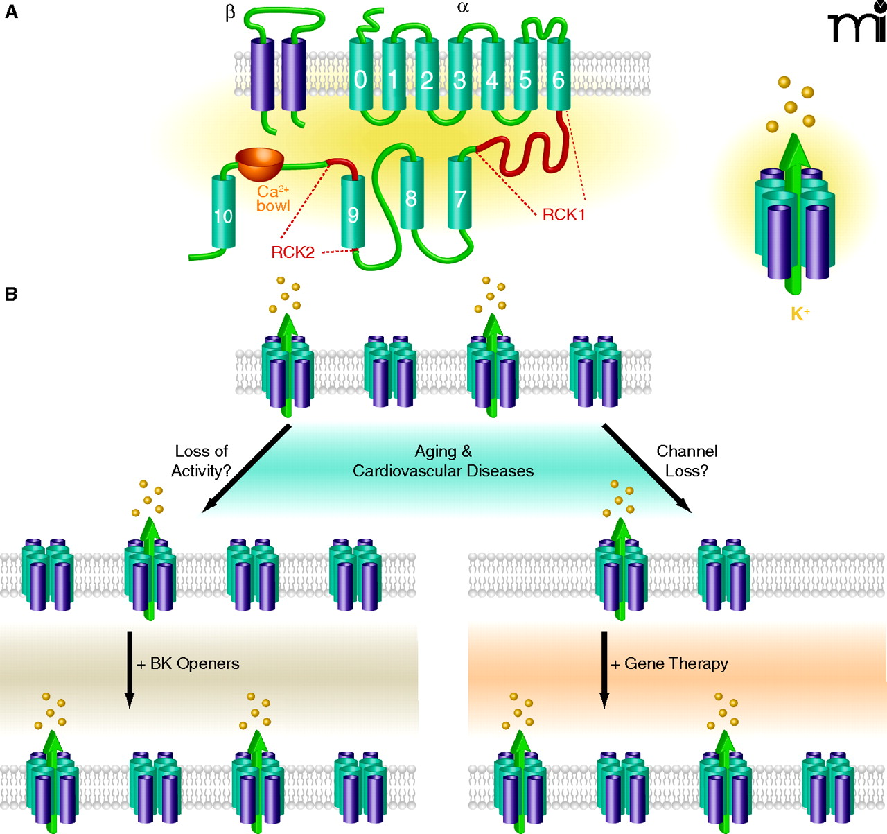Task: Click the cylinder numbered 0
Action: (360, 76)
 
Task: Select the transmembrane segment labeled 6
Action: (559, 76)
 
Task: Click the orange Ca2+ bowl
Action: (260, 161)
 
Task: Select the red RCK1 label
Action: (563, 215)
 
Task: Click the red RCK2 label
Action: (292, 252)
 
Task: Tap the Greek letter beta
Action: (230, 13)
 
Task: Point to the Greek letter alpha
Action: (463, 8)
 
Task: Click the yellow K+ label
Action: (800, 314)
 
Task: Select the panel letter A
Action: (11, 12)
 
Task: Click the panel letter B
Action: (11, 295)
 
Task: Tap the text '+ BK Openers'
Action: (188, 664)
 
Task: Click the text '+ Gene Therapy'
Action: (669, 664)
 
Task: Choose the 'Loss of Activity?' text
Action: (201, 461)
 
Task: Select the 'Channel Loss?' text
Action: (687, 461)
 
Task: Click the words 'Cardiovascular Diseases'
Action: (443, 471)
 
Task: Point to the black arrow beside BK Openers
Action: (130, 669)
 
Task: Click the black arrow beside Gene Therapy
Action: (604, 669)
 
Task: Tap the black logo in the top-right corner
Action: (857, 22)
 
